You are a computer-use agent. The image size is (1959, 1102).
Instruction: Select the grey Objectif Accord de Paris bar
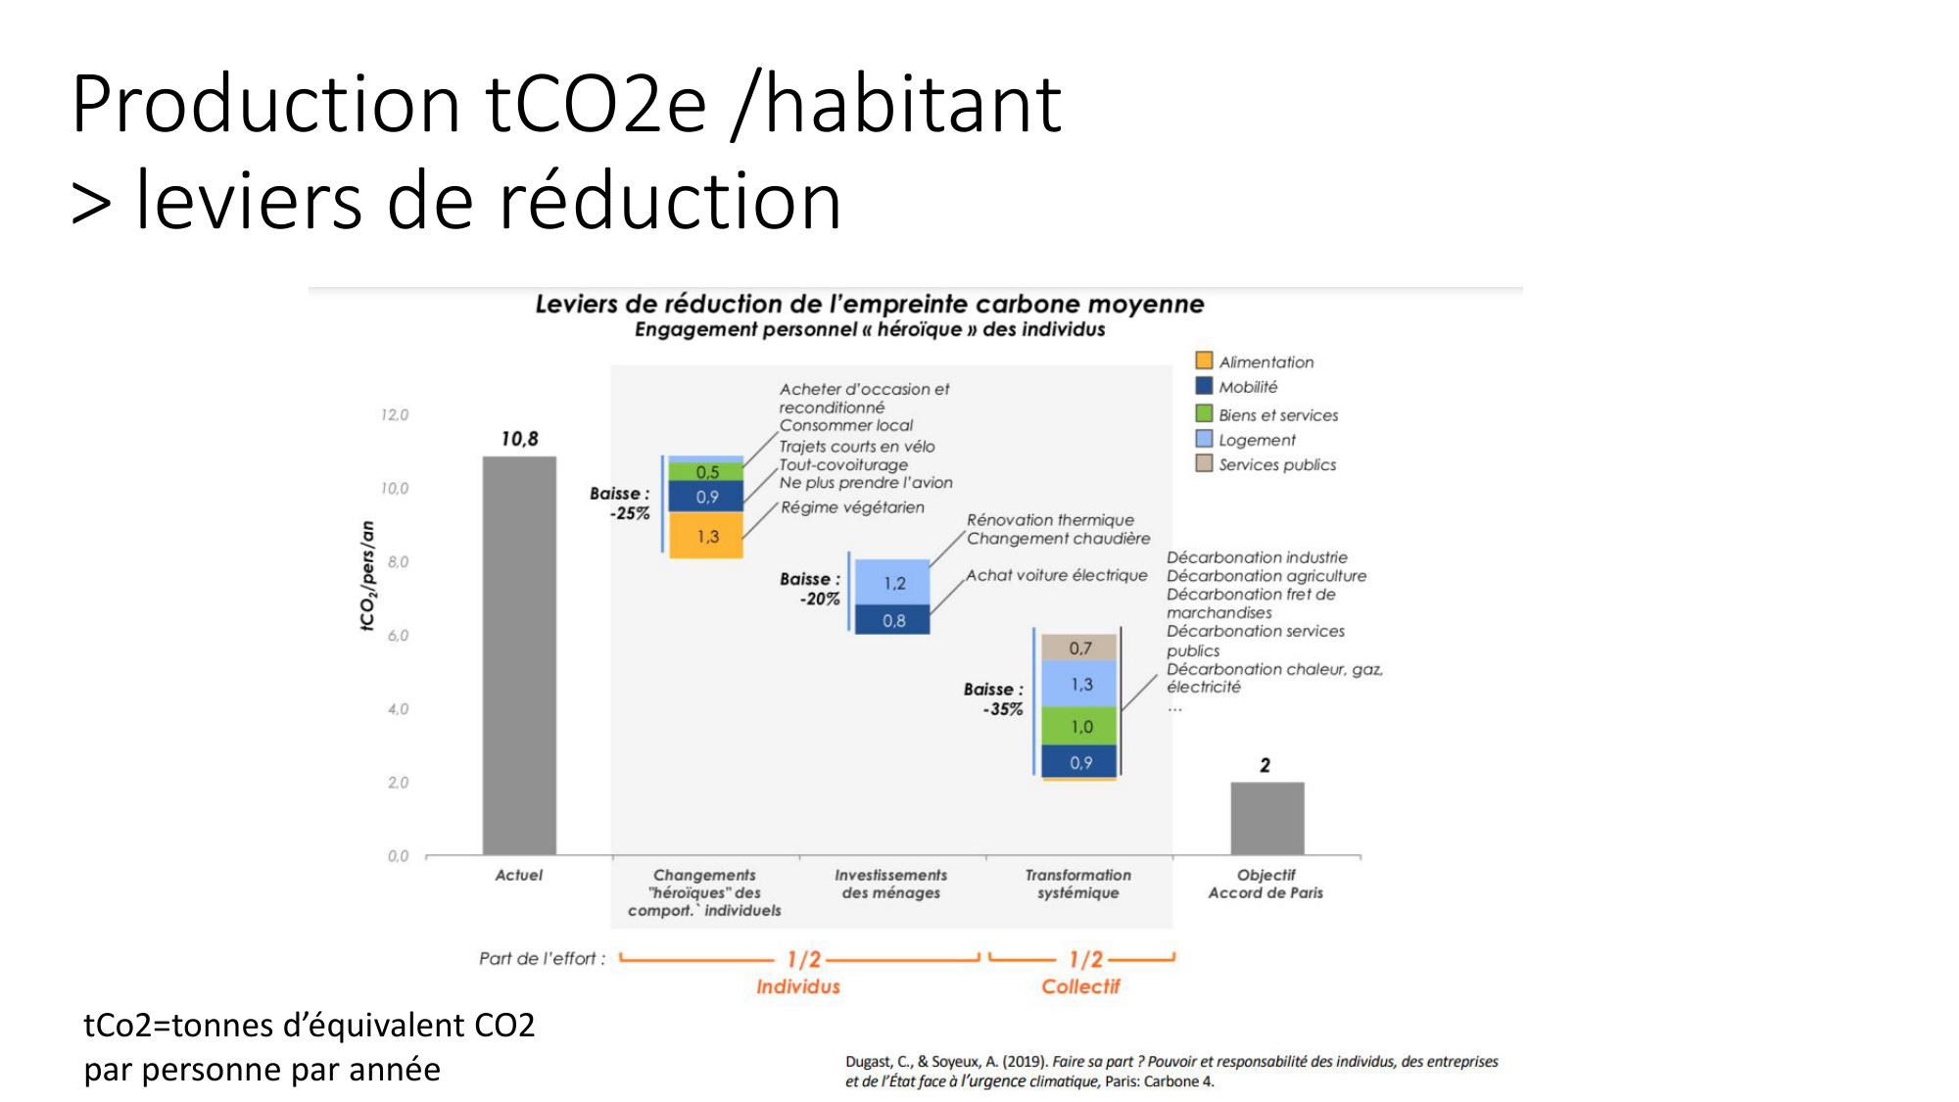point(1266,818)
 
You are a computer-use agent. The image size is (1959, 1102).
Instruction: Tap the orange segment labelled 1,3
point(706,536)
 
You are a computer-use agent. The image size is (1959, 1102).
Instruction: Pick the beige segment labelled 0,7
point(1079,647)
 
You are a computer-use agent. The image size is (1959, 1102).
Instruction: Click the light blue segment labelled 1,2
point(892,582)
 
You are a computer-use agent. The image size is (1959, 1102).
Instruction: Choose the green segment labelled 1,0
point(1079,727)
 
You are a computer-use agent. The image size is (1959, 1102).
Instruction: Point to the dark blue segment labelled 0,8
point(892,620)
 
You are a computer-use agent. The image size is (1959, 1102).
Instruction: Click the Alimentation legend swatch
point(1204,360)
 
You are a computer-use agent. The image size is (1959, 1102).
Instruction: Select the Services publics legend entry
point(1276,464)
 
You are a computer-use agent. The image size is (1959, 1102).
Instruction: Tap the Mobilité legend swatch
point(1204,386)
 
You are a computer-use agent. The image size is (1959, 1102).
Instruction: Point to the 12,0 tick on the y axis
point(395,415)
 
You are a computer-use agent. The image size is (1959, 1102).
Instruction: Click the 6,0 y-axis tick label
point(398,636)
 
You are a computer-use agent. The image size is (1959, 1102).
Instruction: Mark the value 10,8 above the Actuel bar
point(519,439)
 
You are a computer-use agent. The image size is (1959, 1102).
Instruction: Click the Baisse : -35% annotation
point(995,699)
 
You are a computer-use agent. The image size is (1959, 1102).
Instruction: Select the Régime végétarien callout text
point(852,507)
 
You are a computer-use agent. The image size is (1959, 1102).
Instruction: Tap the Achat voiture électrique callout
point(1056,575)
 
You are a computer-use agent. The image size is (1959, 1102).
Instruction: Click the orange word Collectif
point(1079,986)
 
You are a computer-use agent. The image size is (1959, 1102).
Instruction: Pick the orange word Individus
point(797,986)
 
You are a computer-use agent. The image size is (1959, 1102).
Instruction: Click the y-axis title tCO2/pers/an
point(367,576)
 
